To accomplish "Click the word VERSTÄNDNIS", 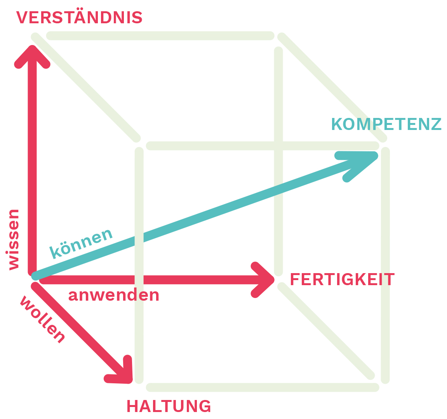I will click(x=80, y=18).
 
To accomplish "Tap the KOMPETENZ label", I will click(x=386, y=124).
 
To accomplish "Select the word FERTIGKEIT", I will click(x=342, y=280).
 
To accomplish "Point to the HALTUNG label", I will click(x=169, y=406).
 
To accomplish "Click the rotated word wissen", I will click(x=14, y=239).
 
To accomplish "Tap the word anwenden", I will click(x=114, y=295).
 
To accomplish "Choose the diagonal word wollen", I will click(x=42, y=319).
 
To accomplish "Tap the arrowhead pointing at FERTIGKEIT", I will click(x=264, y=280).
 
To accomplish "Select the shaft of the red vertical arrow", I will click(x=32, y=163).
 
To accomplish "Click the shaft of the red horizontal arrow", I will click(x=155, y=280).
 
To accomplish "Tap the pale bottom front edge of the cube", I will click(x=263, y=387).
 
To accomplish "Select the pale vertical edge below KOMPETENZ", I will click(x=385, y=264).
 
